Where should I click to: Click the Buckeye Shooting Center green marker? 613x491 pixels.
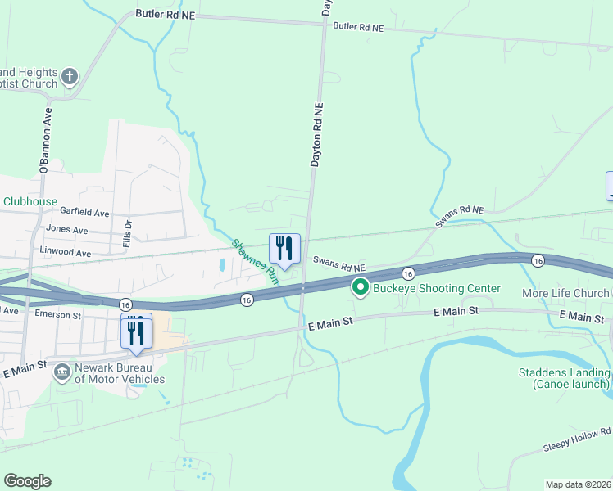point(360,287)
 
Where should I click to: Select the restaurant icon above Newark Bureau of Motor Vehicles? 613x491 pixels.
point(136,331)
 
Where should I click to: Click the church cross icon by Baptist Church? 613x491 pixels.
point(70,77)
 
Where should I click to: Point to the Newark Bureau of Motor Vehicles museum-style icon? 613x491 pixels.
point(61,372)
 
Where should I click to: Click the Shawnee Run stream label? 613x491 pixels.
point(256,261)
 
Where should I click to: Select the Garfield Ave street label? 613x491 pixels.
point(89,213)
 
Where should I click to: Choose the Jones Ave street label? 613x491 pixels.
point(67,230)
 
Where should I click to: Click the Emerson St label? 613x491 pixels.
point(57,314)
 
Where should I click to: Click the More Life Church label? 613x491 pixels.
point(566,293)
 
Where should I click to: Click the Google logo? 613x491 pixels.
point(28,480)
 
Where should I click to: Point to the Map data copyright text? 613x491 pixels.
point(578,484)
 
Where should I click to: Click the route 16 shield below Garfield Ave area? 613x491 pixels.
point(247,300)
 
